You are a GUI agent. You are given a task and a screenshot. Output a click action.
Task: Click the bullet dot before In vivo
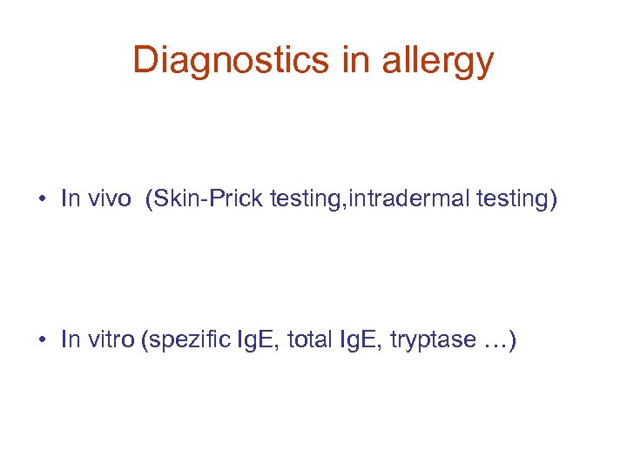coord(42,198)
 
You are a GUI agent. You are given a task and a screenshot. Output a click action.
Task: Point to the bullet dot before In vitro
coord(42,339)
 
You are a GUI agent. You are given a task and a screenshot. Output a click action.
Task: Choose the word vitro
coord(110,339)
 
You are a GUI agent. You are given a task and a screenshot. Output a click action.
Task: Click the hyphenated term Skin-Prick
coord(209,198)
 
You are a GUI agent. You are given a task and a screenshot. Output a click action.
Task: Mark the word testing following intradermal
coord(510,199)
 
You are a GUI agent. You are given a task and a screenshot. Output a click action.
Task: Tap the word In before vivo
coord(70,198)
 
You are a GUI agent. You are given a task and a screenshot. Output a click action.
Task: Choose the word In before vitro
coord(70,339)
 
